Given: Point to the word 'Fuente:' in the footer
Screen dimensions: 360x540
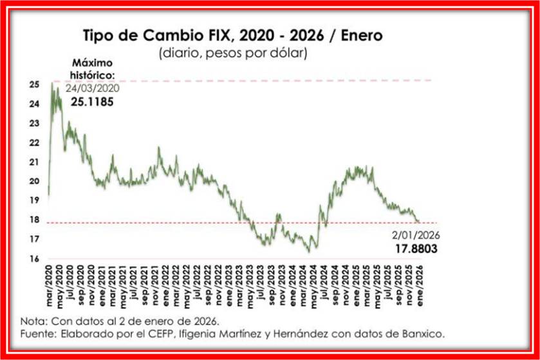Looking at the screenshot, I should coord(38,334).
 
